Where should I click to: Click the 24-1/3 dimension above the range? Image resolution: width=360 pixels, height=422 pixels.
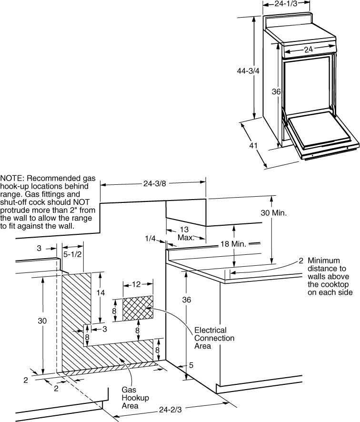point(286,3)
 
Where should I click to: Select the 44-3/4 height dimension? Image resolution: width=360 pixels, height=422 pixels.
point(248,71)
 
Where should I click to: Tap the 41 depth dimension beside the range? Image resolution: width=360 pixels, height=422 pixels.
point(253,146)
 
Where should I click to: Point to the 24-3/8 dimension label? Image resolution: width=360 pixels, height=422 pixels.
point(154,183)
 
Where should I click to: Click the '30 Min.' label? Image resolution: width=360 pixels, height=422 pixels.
point(274,213)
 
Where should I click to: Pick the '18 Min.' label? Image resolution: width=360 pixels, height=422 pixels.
point(233,244)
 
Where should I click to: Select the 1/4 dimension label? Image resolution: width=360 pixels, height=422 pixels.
point(150,239)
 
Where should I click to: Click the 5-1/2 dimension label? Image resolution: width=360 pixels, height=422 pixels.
point(72,254)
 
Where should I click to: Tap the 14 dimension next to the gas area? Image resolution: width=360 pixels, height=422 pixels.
point(100,292)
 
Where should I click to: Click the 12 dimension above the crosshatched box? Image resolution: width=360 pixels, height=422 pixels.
point(136,284)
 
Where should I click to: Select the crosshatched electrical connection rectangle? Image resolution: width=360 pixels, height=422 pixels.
point(138,308)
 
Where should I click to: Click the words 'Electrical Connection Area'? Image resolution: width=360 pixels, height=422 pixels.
point(214,338)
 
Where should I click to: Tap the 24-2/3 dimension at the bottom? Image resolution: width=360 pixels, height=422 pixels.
point(170,410)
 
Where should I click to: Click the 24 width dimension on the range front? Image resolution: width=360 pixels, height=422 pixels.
point(309,50)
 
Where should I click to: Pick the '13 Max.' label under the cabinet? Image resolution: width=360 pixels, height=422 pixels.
point(185,233)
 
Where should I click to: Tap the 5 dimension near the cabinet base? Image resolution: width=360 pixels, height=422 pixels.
point(191,365)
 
